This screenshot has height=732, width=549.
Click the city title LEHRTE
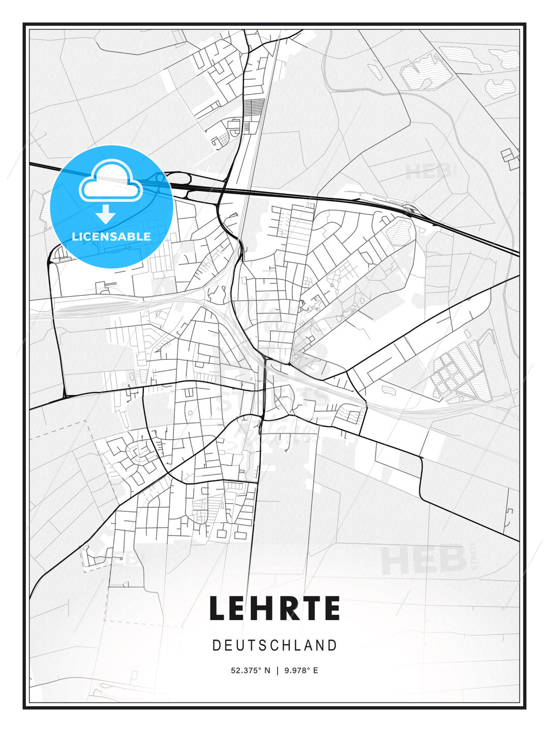pos(274,608)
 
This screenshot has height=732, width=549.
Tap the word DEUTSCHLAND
pos(274,646)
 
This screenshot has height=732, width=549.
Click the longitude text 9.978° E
pos(301,670)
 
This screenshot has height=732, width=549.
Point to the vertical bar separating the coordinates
pos(278,670)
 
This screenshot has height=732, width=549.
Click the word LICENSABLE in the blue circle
pos(111,236)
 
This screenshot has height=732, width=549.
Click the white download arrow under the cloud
pos(106,215)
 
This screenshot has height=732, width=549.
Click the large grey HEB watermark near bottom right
pos(424,559)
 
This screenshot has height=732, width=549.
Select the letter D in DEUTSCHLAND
pos(216,646)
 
